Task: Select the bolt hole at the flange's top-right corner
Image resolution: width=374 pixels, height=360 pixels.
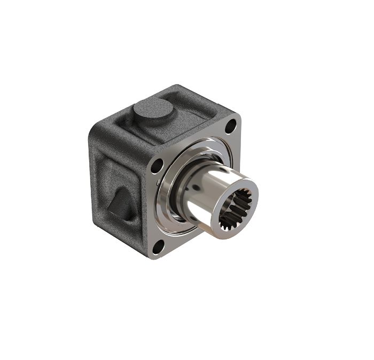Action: [x=230, y=127]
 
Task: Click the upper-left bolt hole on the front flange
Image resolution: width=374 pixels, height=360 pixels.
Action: [x=157, y=166]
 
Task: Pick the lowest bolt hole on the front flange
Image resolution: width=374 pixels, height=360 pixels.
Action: [x=158, y=246]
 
